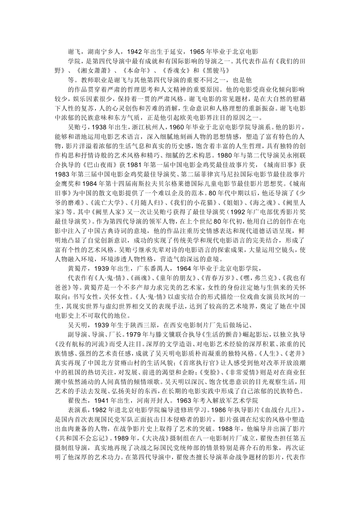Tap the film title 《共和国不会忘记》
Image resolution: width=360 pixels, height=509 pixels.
pos(86,449)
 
